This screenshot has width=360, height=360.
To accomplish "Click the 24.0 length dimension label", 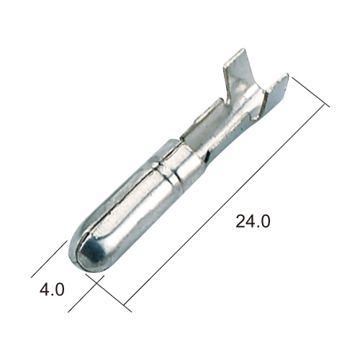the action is point(253,221).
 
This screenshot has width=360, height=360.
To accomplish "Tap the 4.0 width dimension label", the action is point(52,289).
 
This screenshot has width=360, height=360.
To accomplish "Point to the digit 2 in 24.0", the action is point(240,221).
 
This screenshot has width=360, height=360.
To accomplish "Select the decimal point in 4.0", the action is point(53,294).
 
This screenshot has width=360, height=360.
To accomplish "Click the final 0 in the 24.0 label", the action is point(266,221).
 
